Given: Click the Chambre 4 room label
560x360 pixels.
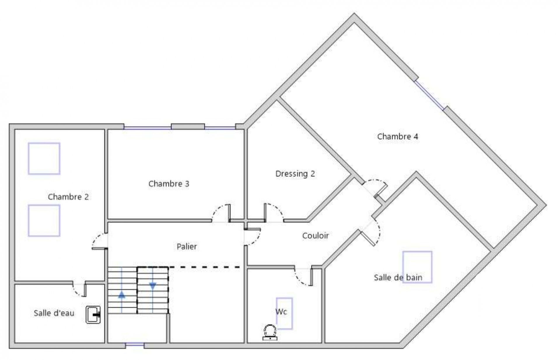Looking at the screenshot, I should [x=397, y=136].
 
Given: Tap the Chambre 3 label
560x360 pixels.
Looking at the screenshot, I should [x=169, y=184].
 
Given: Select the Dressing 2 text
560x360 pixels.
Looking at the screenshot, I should [x=295, y=174].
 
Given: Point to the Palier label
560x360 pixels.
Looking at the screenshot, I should [x=187, y=246].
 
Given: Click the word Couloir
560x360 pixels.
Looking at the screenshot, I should [x=315, y=236].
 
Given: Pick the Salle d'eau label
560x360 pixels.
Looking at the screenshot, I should [x=54, y=313].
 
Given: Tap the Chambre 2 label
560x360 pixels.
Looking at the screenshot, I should [x=68, y=197].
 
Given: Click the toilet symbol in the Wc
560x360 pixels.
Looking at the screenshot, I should [x=270, y=332].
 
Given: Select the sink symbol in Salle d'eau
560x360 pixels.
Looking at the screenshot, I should [x=93, y=315].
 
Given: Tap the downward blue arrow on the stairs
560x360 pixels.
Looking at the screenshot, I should [x=153, y=286].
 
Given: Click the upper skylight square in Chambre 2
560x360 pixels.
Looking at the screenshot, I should [x=44, y=159].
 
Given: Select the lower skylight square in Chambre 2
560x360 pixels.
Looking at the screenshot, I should [x=44, y=220].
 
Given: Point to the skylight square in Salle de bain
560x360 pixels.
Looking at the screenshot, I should [x=417, y=267].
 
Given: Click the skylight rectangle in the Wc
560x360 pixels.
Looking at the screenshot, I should [x=284, y=313].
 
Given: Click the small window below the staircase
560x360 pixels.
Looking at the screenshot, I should [x=135, y=345].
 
